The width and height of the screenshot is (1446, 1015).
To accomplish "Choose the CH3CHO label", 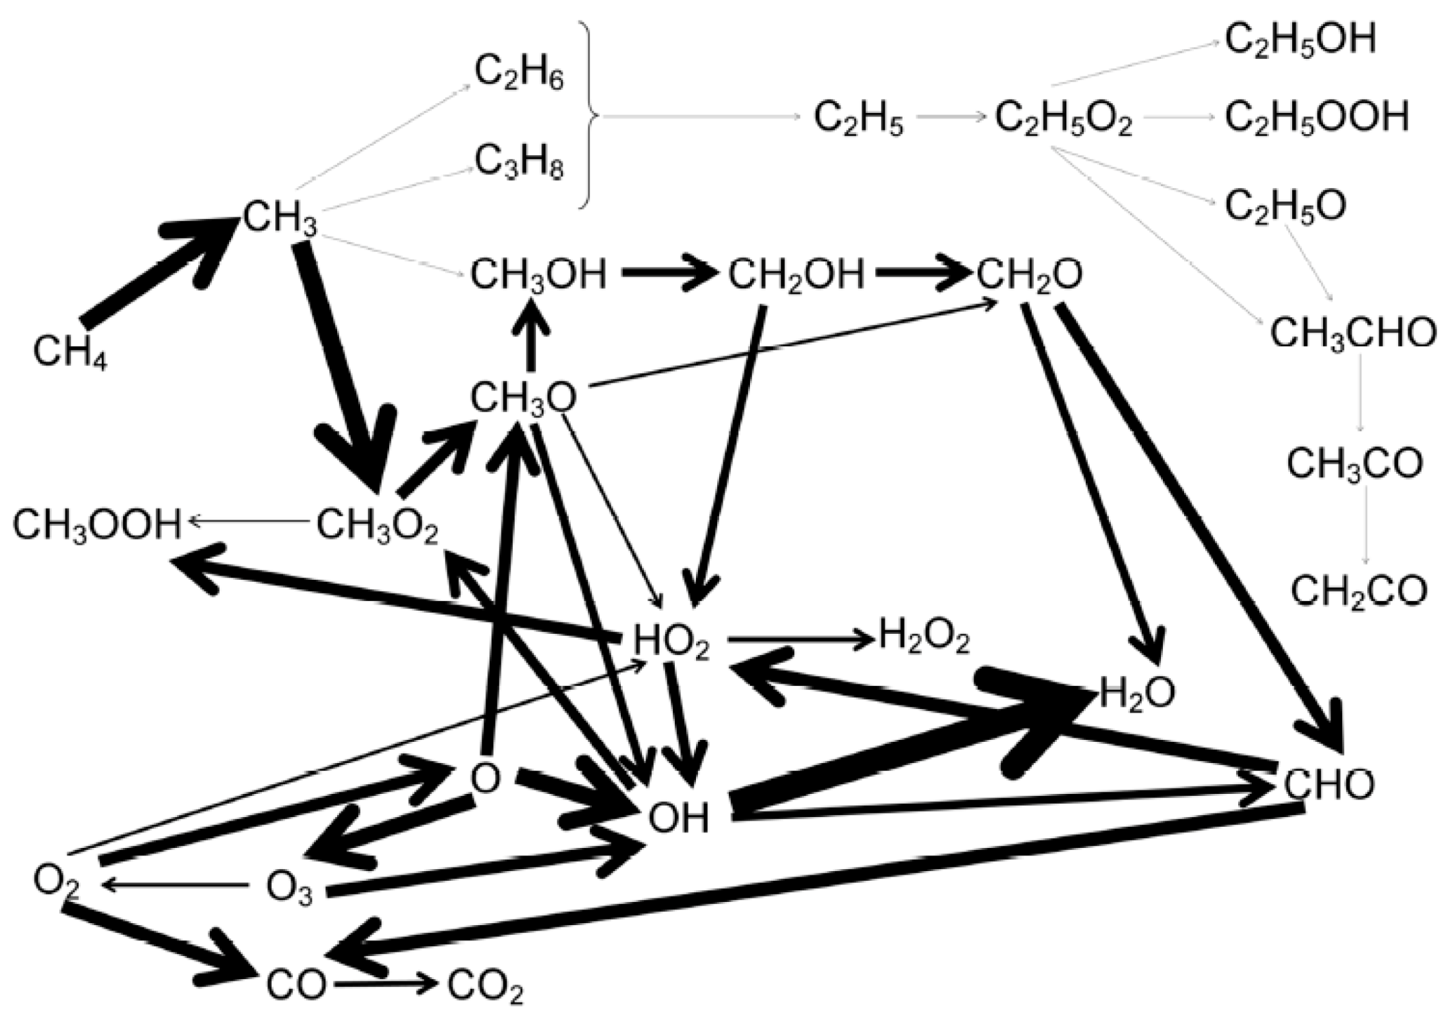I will point(1353,334).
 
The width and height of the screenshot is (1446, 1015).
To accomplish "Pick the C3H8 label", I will point(519,163).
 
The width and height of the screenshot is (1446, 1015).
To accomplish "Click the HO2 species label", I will point(671,642).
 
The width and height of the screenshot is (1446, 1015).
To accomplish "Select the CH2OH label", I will point(796,276).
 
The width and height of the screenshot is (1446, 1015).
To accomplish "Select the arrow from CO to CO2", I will point(386,984).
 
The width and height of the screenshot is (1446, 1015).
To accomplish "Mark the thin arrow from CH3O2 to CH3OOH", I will point(249,521).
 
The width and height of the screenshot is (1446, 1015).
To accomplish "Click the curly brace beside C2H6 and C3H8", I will point(589,116).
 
